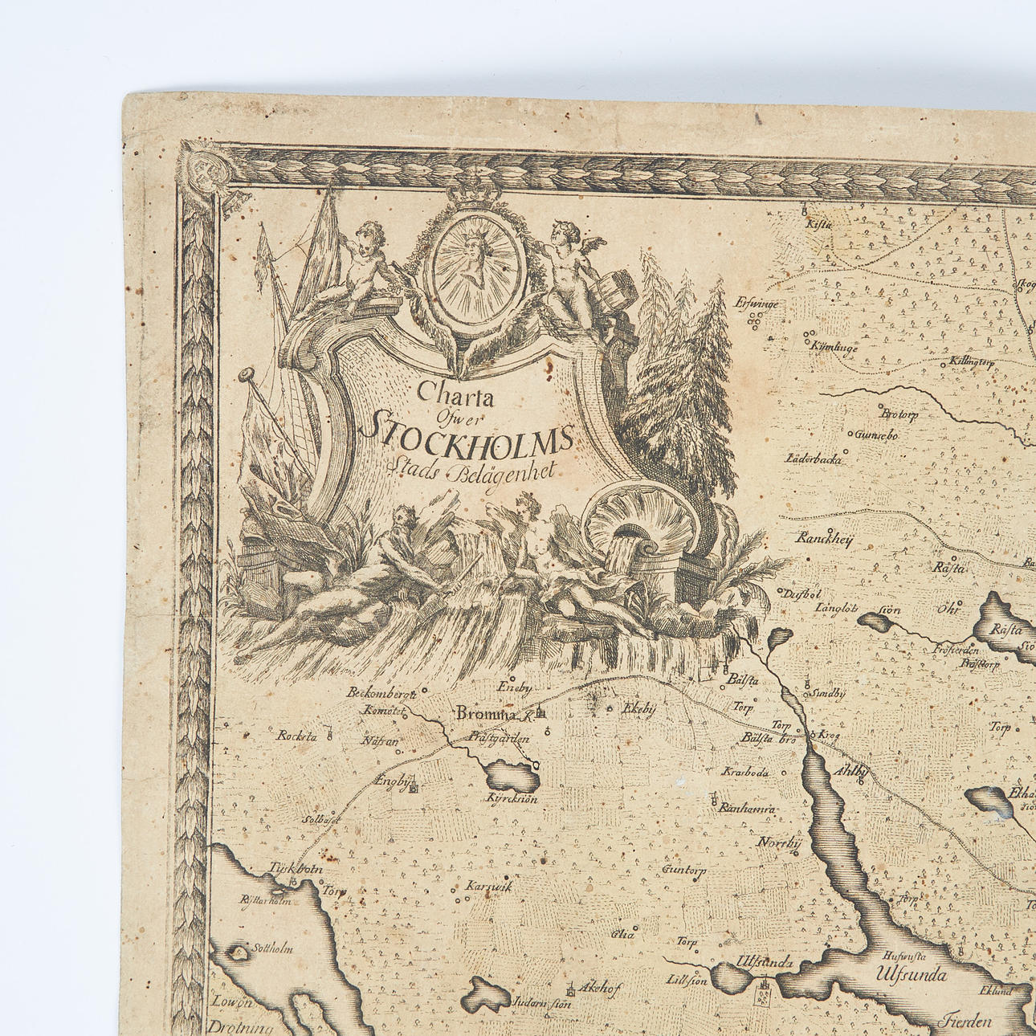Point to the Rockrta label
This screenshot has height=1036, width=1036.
(x=297, y=735)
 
